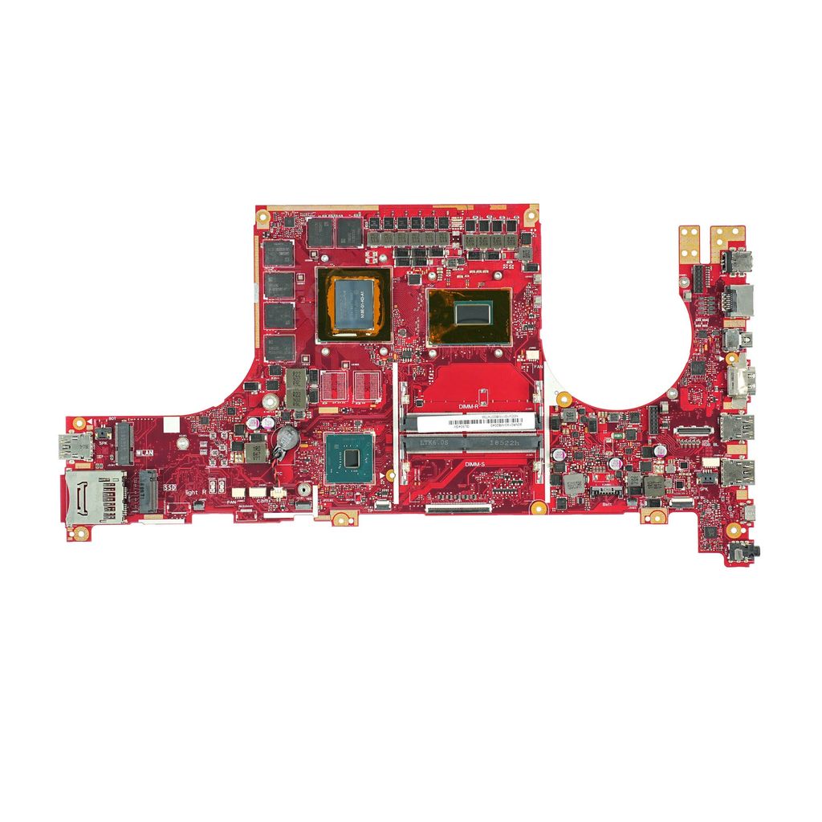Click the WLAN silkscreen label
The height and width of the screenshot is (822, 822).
[146, 453]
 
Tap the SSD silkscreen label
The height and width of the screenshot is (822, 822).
[169, 486]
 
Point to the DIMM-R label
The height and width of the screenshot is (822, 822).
[468, 407]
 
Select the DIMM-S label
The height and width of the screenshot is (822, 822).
[474, 464]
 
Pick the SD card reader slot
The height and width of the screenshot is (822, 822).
[93, 498]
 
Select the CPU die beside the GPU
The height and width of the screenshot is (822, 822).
[468, 312]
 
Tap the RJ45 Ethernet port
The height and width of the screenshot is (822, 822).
[739, 300]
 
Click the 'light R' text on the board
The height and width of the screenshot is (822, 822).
[196, 491]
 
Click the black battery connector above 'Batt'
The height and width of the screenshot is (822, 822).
[606, 490]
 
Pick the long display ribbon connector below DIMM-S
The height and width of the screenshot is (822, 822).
[458, 507]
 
